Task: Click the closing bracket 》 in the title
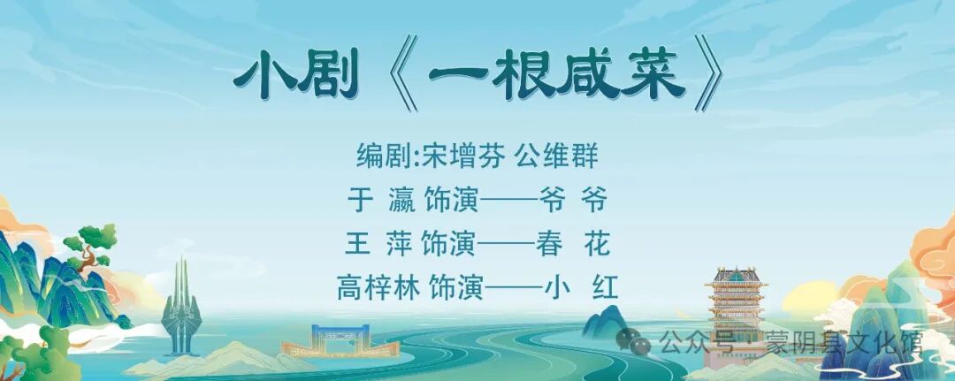pos(708,73)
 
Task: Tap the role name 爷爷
pos(573,200)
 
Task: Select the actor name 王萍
pos(379,243)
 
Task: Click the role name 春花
pos(573,243)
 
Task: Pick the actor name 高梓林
pos(378,287)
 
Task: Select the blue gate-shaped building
pos(340,340)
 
